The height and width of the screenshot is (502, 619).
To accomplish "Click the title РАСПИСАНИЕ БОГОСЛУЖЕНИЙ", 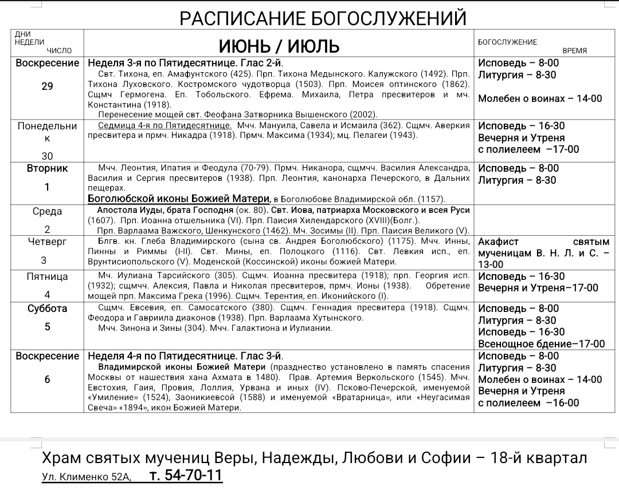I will [x=323, y=18].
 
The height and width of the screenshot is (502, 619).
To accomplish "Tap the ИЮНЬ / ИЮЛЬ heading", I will [x=279, y=45].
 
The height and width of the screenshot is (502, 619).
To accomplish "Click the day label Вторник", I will [x=47, y=168].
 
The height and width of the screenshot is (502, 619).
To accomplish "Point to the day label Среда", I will [x=47, y=211].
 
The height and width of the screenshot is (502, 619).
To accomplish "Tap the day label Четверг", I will [x=47, y=242].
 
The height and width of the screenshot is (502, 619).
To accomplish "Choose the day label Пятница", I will [x=47, y=276].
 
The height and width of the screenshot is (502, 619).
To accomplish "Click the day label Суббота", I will [x=47, y=309].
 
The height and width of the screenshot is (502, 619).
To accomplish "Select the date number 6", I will [x=47, y=380].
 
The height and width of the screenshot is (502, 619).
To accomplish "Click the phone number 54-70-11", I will [x=186, y=476].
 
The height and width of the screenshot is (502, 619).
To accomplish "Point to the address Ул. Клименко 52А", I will [x=87, y=477].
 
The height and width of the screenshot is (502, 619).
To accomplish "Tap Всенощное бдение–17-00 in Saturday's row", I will [x=541, y=344].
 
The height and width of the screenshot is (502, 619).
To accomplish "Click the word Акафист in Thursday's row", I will [x=498, y=242].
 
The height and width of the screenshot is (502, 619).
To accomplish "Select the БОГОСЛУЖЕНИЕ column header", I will [x=507, y=42].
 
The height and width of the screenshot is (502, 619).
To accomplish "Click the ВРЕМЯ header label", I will [x=574, y=51].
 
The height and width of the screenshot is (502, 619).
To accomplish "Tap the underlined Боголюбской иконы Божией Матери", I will [x=179, y=199].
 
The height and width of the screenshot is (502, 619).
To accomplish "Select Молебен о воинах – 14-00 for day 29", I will [x=540, y=98].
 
